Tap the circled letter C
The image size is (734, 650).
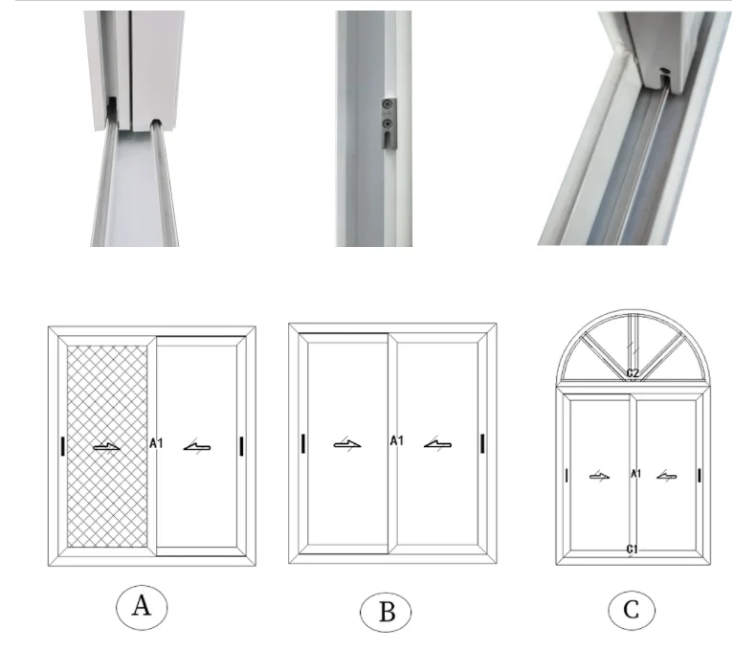point(631,610)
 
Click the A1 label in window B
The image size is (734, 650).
point(395,440)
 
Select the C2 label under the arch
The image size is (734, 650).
point(632,372)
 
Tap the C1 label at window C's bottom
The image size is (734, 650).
point(632,549)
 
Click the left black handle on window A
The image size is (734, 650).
point(61,445)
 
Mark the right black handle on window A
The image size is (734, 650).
point(242,445)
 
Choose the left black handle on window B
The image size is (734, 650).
point(302,442)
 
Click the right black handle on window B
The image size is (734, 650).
point(483,442)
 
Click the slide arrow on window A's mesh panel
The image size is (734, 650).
point(107,447)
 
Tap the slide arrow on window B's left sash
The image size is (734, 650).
point(347,443)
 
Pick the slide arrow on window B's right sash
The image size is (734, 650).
point(438,443)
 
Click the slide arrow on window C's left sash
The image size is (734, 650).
point(599,476)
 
